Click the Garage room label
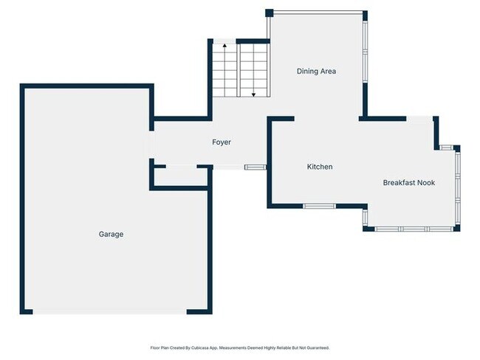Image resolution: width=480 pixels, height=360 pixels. (x=111, y=234)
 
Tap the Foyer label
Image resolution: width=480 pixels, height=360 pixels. (x=222, y=142)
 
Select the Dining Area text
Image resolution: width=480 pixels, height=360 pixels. (x=316, y=71)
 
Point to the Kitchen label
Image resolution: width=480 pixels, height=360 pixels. (x=320, y=167)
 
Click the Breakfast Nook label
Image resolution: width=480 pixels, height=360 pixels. (x=408, y=182)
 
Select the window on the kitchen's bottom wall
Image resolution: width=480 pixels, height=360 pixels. (x=319, y=205)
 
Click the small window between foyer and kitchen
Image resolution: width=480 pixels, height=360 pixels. (x=255, y=167)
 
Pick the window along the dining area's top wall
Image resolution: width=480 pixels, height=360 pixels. (x=318, y=12)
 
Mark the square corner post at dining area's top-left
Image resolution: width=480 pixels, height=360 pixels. (x=270, y=13)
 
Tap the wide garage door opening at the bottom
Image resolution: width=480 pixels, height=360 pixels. (x=110, y=312)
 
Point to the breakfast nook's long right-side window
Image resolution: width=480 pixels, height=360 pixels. (x=457, y=188)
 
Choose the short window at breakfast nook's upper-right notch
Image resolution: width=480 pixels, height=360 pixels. (x=446, y=148)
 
